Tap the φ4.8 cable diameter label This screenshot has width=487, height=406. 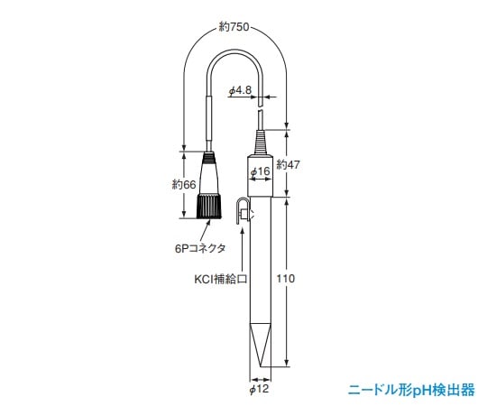[x=241, y=90]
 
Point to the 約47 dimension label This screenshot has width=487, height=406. [x=289, y=164]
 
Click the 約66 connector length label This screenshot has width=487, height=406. [x=183, y=184]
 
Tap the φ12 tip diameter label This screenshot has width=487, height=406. [x=259, y=390]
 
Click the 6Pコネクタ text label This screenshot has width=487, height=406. [x=200, y=246]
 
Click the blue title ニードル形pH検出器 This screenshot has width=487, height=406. [x=411, y=390]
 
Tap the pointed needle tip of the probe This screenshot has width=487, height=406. [x=259, y=361]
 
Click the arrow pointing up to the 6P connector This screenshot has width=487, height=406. [x=209, y=230]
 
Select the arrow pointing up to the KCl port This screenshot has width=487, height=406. [x=239, y=253]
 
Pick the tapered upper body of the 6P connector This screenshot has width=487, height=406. [x=209, y=171]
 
